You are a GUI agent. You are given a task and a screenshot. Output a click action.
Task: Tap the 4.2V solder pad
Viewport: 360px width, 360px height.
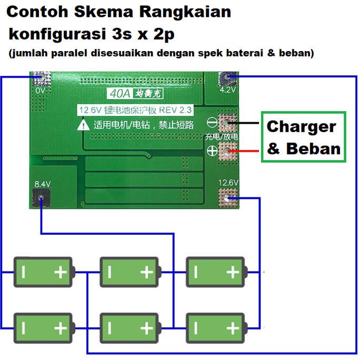click(228, 78)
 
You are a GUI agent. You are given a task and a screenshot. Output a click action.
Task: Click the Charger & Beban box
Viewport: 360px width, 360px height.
click(304, 137)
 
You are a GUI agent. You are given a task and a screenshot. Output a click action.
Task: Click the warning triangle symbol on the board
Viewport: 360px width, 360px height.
click(84, 125)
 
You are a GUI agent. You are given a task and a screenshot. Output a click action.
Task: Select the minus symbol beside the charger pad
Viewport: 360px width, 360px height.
click(213, 123)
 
